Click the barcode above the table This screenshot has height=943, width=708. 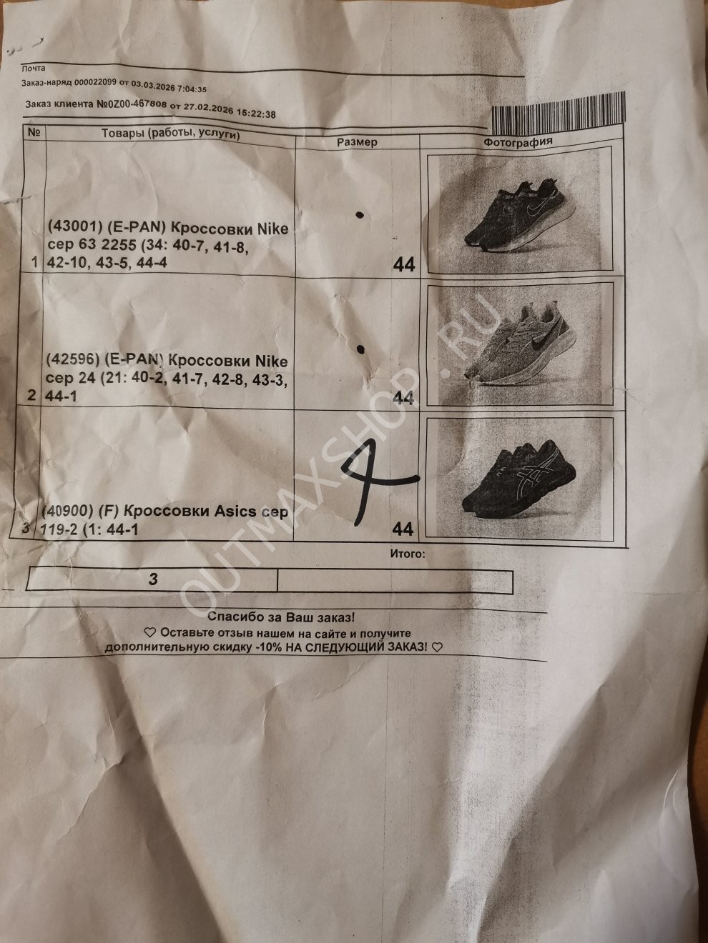[558, 114]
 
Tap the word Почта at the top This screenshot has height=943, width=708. [33, 68]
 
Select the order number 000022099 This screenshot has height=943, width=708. [95, 84]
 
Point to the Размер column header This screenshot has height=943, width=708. [357, 142]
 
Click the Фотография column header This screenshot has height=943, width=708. [518, 141]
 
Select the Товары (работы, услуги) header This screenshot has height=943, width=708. [171, 134]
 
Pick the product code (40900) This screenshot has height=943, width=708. [68, 511]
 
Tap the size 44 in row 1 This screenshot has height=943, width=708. [404, 264]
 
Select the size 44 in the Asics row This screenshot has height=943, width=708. [403, 529]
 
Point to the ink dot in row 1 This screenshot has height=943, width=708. [360, 215]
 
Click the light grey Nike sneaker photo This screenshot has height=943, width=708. [520, 344]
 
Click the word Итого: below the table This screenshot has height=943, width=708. [408, 554]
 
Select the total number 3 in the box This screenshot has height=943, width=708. [153, 579]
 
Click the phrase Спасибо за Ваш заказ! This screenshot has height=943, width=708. [282, 618]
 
